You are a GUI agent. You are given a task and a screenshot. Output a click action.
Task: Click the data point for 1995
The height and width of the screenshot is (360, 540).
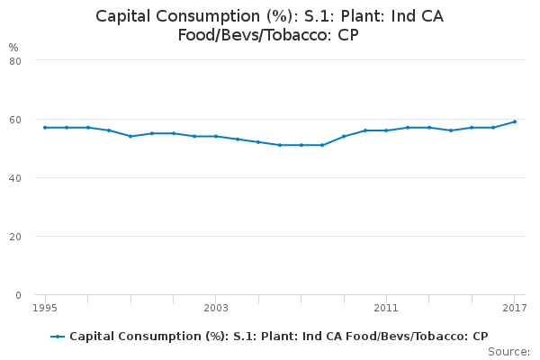point(45,128)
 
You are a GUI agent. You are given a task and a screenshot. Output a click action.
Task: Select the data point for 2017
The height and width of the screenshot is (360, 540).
point(515,121)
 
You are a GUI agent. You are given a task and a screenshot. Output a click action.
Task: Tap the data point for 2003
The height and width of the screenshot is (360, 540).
point(216,137)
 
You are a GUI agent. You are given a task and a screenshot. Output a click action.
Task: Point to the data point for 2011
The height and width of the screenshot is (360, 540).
point(386,130)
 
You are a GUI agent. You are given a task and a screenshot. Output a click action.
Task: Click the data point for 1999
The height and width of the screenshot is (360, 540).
point(130,137)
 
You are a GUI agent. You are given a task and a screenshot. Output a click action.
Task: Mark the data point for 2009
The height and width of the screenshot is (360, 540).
point(344,137)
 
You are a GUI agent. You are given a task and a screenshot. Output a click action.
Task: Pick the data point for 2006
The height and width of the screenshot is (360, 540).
point(280,145)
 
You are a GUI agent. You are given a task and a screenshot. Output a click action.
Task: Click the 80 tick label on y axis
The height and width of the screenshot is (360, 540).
point(15,61)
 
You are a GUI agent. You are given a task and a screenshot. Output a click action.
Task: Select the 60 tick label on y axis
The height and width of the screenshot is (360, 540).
point(15,120)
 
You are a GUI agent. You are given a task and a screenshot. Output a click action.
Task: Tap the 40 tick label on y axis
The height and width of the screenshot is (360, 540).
point(15,178)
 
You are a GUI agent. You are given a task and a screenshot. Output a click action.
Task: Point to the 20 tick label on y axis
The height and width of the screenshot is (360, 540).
point(15,237)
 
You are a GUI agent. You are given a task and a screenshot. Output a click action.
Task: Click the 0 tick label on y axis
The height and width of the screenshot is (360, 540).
point(18,295)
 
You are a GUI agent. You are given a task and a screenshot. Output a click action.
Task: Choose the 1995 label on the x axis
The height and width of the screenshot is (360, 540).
point(45,308)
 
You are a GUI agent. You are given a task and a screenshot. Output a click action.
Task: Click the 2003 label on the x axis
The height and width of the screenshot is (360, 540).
point(216,308)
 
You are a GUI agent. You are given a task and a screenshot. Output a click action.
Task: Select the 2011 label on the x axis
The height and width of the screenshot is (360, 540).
point(386,308)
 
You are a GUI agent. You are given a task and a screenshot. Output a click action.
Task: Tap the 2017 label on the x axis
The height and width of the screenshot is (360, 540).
point(515,308)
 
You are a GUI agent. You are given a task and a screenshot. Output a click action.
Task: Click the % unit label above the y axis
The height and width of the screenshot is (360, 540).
point(13,47)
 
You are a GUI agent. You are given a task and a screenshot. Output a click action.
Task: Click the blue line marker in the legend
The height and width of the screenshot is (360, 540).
point(58,337)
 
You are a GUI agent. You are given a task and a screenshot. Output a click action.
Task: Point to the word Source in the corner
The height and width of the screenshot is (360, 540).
point(507,352)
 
